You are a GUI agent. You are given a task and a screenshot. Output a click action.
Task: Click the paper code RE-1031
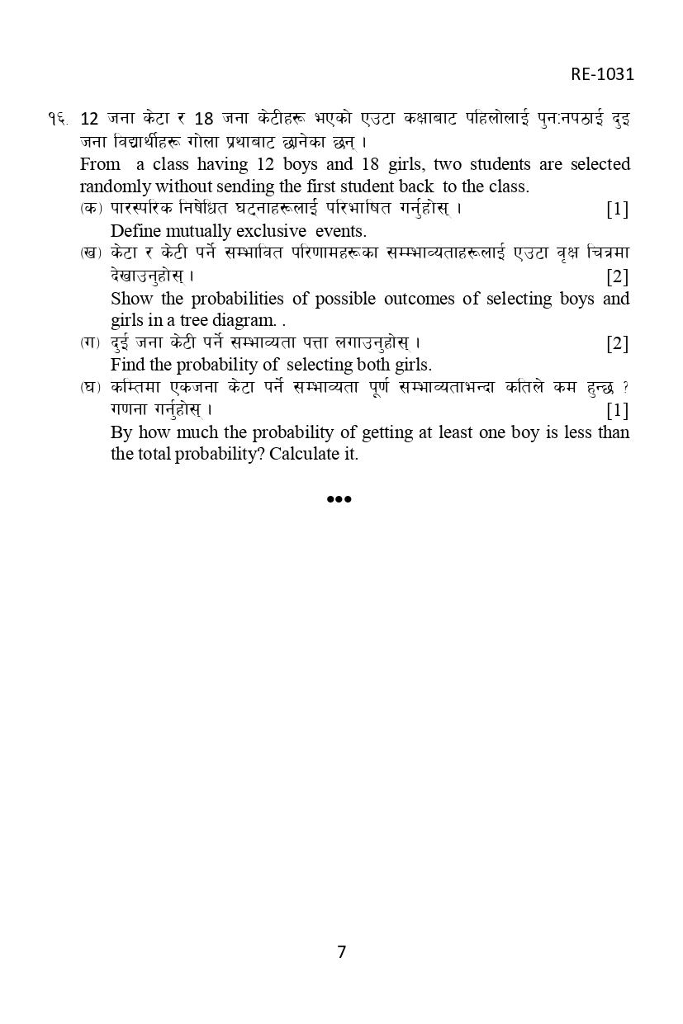click(602, 74)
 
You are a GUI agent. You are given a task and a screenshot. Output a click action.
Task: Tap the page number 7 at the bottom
click(341, 951)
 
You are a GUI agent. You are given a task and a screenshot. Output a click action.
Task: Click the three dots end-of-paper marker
click(339, 498)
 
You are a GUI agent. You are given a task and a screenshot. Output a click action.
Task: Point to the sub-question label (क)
click(91, 209)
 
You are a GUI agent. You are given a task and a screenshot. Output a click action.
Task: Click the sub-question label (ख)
click(91, 252)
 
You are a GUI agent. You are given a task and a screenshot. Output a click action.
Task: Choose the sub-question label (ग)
click(91, 342)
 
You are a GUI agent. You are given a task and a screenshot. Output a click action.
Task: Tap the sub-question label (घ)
click(91, 387)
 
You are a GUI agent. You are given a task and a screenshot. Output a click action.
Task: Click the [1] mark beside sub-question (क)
click(617, 209)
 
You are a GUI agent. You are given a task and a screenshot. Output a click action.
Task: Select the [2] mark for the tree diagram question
click(617, 276)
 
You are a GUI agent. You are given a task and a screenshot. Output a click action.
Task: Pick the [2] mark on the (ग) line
click(617, 343)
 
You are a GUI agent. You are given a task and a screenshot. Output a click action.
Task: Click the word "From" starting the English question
click(100, 164)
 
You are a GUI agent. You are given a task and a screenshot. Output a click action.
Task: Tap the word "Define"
click(135, 231)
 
